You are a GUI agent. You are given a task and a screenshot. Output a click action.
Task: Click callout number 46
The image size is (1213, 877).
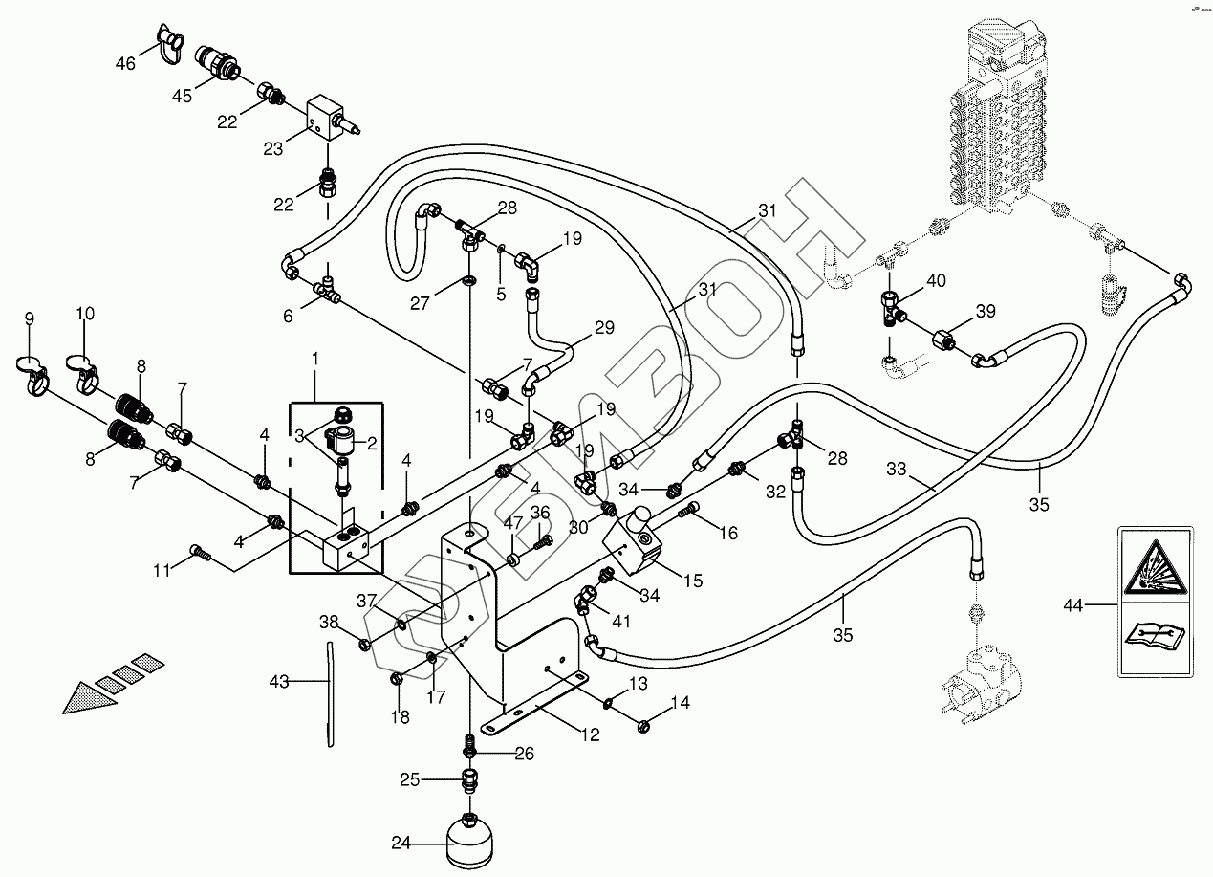pos(126,63)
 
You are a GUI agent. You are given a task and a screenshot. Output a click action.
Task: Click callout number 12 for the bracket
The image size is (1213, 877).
pos(590,735)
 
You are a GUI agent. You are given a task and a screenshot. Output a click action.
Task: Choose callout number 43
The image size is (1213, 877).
pos(278,682)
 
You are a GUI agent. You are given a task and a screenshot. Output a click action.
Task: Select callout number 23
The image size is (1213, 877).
pos(272,148)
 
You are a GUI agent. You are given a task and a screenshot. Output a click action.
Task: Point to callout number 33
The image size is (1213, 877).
pos(896,470)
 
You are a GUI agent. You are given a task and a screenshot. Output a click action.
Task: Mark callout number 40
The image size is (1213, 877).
pos(936,281)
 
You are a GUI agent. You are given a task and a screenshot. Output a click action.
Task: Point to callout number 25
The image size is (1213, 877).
pos(409,779)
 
